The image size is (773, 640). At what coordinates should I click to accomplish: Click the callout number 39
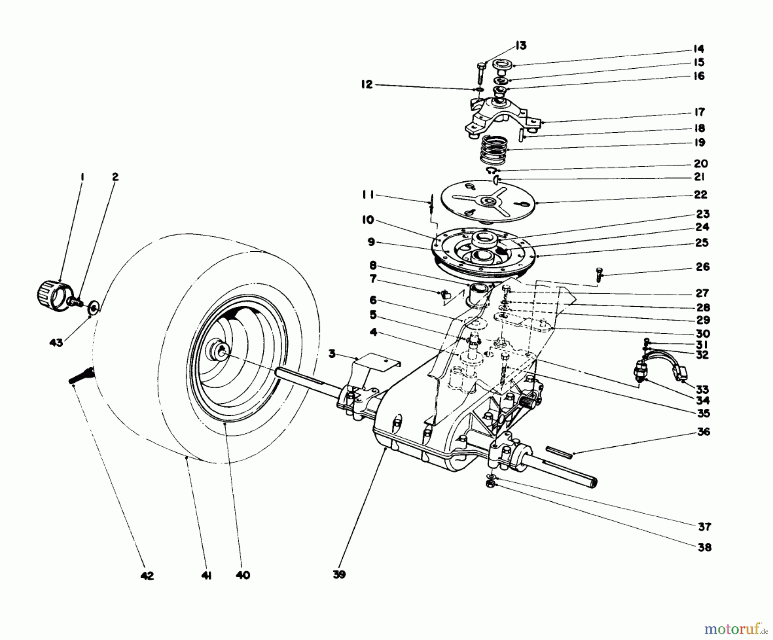click(x=339, y=575)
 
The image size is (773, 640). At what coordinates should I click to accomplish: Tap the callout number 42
click(x=147, y=576)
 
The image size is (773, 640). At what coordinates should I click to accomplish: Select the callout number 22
click(x=700, y=195)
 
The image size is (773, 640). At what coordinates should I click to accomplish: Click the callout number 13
click(x=521, y=46)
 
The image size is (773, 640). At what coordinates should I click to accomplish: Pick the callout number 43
click(x=56, y=342)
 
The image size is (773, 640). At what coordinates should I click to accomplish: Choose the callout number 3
click(x=332, y=354)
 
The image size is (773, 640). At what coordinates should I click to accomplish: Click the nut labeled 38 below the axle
click(x=490, y=484)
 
